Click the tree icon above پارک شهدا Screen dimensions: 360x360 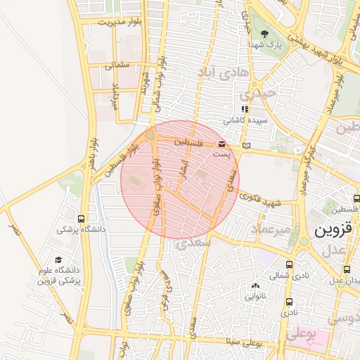coord(264,33)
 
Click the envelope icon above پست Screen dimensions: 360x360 coord(222,143)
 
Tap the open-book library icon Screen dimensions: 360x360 coord(245,146)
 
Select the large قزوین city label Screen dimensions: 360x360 coord(327,230)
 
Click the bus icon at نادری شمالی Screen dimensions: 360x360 coord(290,265)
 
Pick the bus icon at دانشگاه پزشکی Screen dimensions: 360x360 coord(82,218)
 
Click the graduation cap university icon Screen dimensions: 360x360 coord(58,259)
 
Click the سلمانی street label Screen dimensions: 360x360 coord(118,65)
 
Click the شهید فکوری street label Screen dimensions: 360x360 coord(264,201)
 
